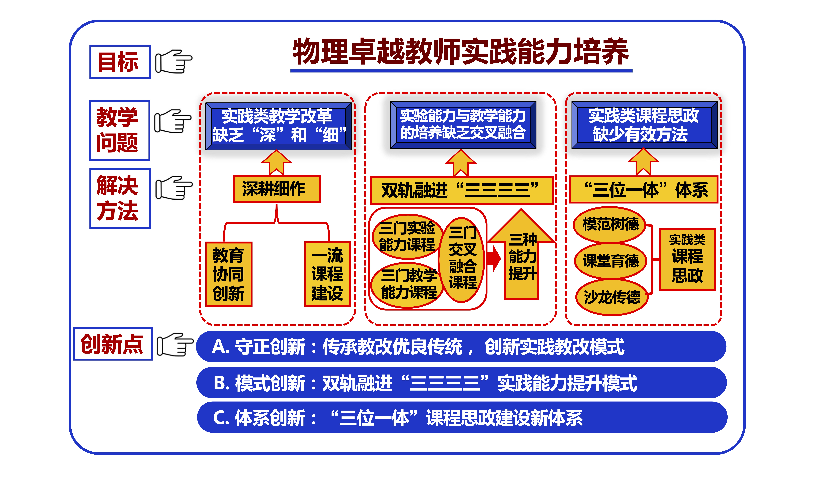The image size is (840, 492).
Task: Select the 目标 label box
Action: tap(120, 62)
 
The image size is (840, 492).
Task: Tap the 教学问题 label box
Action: tap(120, 130)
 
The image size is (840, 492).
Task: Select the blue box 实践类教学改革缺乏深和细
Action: tap(279, 126)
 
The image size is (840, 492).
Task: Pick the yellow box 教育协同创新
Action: tap(229, 274)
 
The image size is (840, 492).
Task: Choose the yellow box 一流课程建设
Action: tap(327, 274)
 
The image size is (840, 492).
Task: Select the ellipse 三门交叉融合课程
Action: tap(462, 260)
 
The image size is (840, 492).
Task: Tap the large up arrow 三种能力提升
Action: tap(522, 257)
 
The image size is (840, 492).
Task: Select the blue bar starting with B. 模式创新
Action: tap(462, 383)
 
